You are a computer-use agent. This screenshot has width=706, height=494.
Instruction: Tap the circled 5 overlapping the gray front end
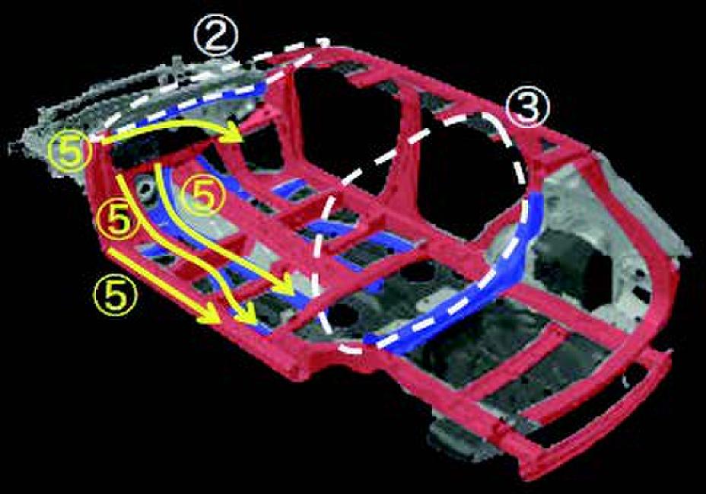(x=69, y=151)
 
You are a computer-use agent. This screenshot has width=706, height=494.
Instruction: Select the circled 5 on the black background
(x=114, y=295)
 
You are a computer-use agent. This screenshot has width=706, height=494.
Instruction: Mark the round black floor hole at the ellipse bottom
(x=342, y=314)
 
